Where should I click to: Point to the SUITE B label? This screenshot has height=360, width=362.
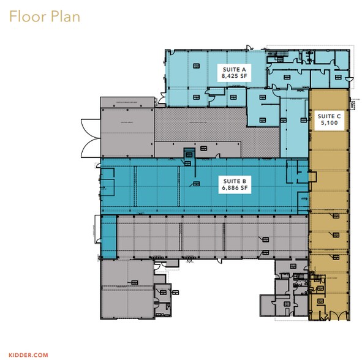[234, 182]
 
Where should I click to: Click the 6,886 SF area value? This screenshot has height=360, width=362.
[234, 189]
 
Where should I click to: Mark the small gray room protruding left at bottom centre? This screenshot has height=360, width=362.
[268, 305]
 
